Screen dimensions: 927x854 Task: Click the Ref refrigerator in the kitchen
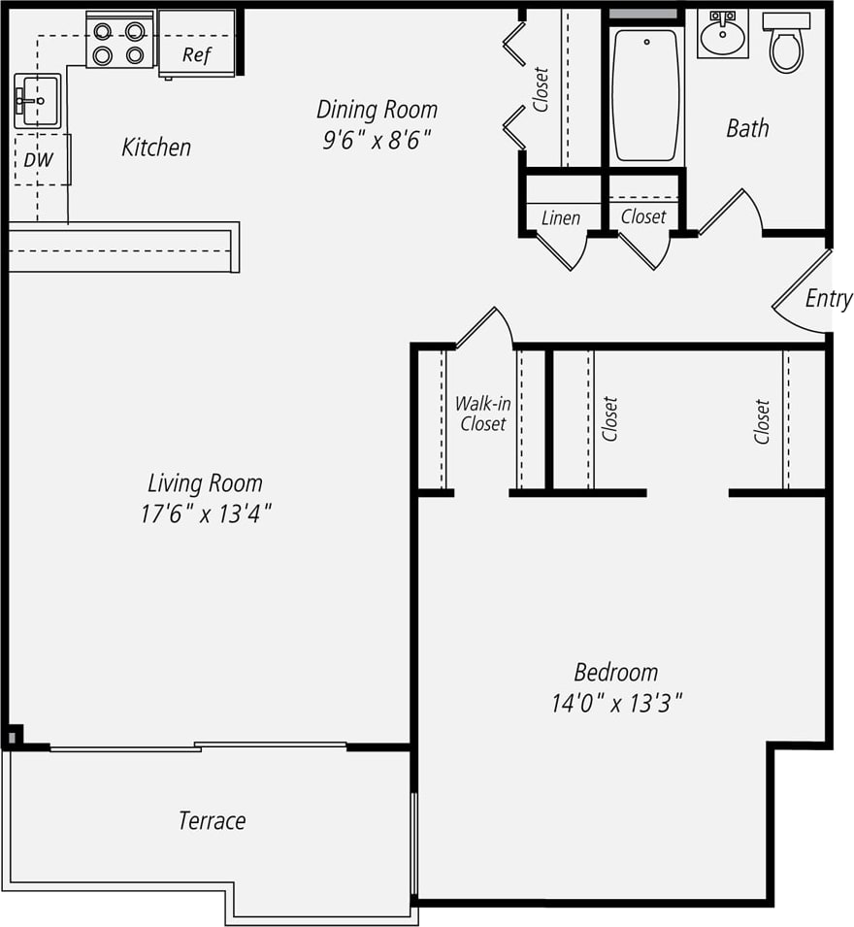(197, 44)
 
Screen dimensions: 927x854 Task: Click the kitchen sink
(37, 101)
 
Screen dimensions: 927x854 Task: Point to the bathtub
(645, 95)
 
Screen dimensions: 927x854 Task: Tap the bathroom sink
(722, 37)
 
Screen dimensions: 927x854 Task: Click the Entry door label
(828, 299)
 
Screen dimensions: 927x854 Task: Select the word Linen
(561, 217)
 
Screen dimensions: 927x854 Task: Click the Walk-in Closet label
(482, 414)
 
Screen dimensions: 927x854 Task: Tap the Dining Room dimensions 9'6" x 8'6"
(377, 140)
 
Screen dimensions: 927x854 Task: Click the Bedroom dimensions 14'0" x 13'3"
(617, 703)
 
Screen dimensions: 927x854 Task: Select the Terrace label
(212, 821)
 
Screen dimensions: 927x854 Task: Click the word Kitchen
(156, 148)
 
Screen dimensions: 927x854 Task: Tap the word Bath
(747, 128)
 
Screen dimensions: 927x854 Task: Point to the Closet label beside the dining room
(542, 89)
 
